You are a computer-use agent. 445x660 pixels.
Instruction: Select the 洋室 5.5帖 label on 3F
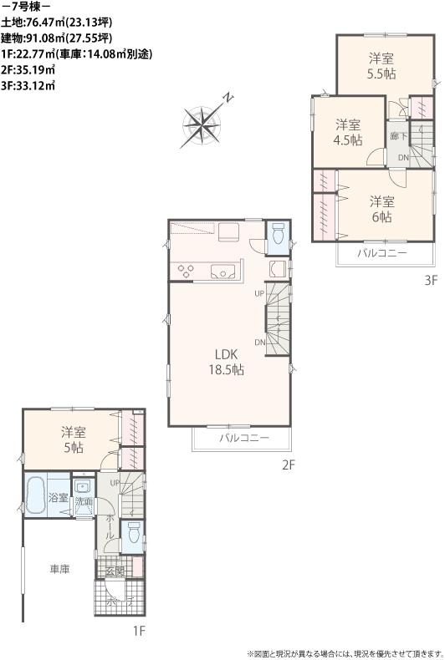[382, 66]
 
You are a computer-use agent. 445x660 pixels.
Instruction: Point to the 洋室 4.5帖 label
[349, 132]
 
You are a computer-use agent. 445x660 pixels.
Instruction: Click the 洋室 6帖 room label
[381, 209]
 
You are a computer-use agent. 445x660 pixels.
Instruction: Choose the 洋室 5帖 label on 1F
[72, 439]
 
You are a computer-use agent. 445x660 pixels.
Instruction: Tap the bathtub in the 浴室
[35, 498]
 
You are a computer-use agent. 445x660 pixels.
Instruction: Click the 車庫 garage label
[59, 569]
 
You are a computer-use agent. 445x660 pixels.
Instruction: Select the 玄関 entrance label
[115, 571]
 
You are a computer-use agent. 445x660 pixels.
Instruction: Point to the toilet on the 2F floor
[279, 234]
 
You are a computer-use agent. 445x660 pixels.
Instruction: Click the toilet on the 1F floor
[132, 532]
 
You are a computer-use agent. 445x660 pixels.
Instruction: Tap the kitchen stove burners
[186, 270]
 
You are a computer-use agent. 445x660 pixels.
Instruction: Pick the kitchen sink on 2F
[223, 271]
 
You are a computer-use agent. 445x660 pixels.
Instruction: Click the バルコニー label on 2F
[244, 438]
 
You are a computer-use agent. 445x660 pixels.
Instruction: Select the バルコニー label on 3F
[381, 253]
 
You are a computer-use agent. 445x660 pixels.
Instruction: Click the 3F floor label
[429, 281]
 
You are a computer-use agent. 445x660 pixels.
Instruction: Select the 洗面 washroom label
[84, 502]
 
